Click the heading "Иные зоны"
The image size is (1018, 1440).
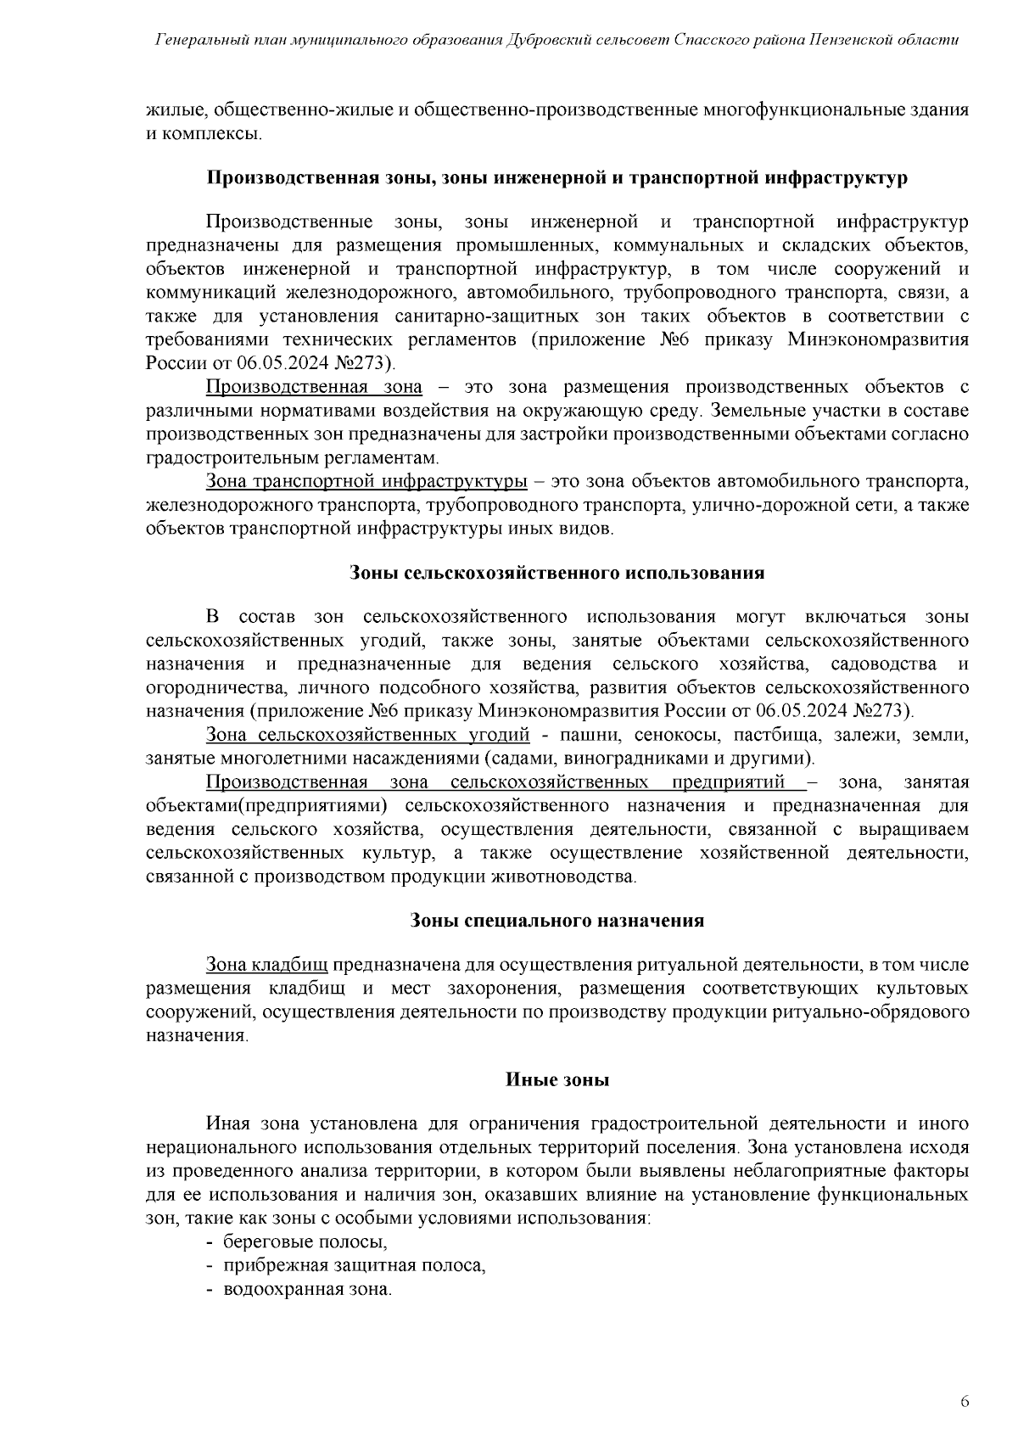pos(557,1080)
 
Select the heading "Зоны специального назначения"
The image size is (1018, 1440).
pos(557,921)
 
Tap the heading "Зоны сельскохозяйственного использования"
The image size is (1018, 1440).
pos(557,573)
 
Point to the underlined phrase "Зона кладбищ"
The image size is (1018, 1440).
pos(267,965)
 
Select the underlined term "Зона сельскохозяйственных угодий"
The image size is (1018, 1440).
pos(368,734)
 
